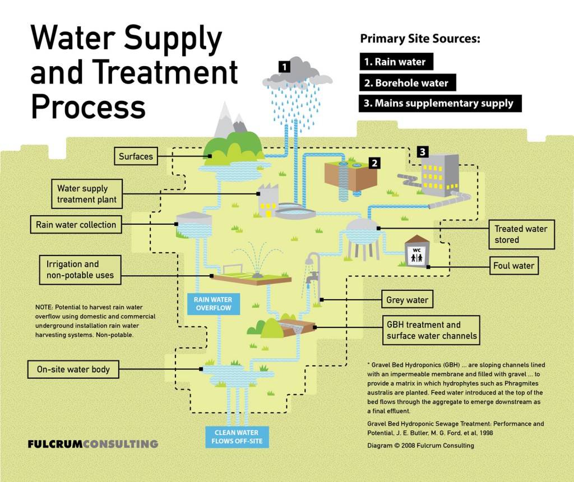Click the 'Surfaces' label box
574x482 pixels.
(x=136, y=156)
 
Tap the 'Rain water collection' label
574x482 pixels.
(x=76, y=225)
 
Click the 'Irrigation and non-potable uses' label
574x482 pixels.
(x=80, y=270)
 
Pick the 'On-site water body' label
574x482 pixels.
(x=73, y=369)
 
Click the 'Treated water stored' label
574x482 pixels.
(x=521, y=234)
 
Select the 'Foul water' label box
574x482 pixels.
(x=514, y=266)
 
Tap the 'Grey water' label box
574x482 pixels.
(x=407, y=300)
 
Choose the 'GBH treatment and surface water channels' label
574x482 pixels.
(x=431, y=330)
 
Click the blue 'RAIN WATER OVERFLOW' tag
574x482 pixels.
(x=213, y=304)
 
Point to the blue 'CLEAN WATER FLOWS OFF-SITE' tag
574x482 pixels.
(x=237, y=437)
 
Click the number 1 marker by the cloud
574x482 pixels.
(x=285, y=67)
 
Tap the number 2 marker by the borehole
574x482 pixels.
(x=374, y=163)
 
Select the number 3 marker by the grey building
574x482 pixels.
(x=423, y=151)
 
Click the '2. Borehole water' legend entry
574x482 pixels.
(x=407, y=83)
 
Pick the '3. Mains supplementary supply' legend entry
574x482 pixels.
(x=439, y=103)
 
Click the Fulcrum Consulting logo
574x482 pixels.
(x=93, y=444)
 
